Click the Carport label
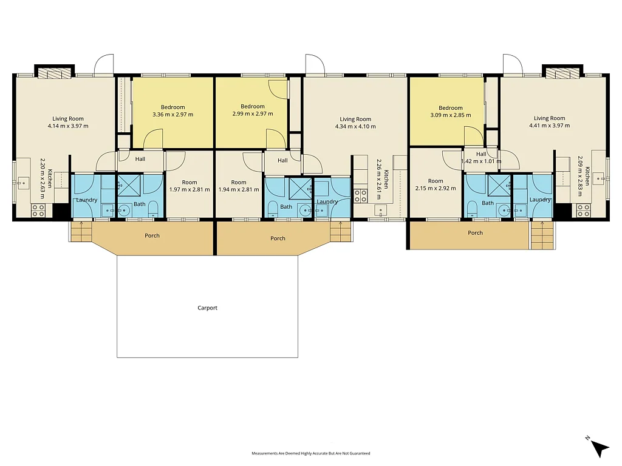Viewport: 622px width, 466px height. point(208,308)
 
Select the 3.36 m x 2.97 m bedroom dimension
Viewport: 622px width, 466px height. point(173,115)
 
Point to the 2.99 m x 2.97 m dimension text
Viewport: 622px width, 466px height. point(253,113)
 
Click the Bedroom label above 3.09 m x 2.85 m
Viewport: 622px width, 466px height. point(451,108)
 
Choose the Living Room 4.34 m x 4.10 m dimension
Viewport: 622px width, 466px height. point(355,126)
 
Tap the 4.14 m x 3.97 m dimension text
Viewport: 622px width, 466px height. point(68,126)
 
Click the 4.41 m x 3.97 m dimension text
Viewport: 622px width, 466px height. point(549,126)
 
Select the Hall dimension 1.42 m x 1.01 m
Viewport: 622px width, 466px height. point(481,161)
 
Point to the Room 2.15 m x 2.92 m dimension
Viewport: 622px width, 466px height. point(436,188)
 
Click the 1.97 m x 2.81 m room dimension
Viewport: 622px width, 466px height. point(190,189)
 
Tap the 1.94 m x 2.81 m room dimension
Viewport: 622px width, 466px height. point(239,189)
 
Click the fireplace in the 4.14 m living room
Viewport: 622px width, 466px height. point(54,73)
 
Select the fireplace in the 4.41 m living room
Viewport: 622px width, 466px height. point(562,73)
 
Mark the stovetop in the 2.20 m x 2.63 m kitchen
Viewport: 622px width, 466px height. point(38,211)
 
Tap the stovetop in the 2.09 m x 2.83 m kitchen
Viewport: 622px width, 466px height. point(583,211)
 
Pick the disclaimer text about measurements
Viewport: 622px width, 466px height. point(310,453)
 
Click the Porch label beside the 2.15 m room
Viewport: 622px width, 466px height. point(475,233)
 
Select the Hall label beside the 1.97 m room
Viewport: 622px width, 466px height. point(140,159)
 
